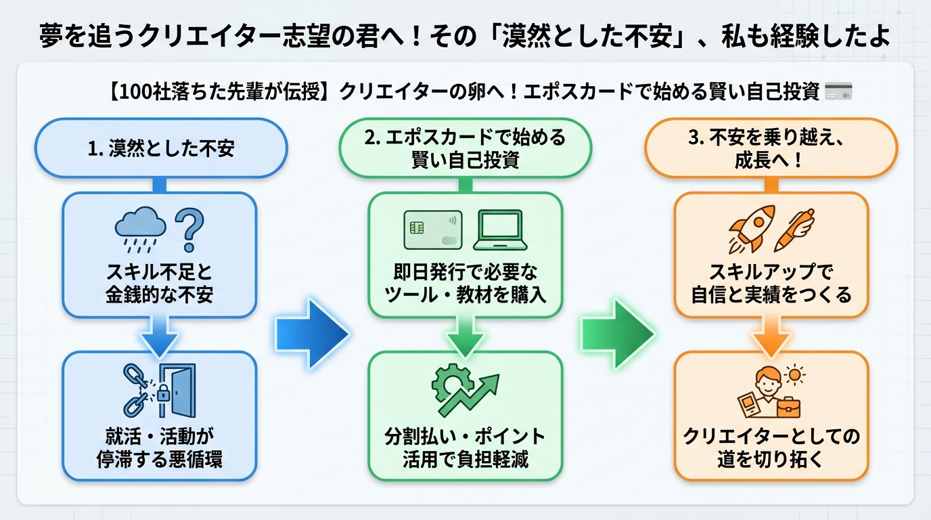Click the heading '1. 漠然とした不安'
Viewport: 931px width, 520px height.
click(161, 149)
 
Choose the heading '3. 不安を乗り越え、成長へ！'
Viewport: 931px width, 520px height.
click(771, 149)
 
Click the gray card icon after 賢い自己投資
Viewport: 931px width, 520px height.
click(839, 91)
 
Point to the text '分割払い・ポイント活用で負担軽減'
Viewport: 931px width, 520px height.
click(465, 447)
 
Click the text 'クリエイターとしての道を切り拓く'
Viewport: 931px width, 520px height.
click(771, 447)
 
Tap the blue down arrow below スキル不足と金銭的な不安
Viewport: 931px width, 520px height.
click(160, 337)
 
